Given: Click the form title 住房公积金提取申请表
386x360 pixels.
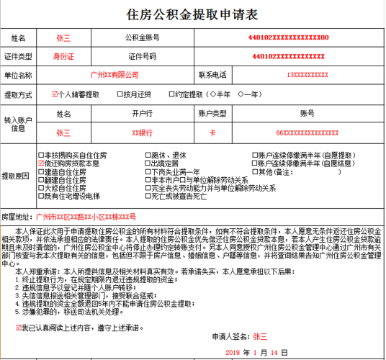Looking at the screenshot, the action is tap(193, 13).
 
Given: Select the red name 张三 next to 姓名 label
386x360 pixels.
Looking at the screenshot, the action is tap(63, 37).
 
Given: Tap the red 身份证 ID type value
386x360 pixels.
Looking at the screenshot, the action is tap(63, 55).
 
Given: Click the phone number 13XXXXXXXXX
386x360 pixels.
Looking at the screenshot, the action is tap(308, 74).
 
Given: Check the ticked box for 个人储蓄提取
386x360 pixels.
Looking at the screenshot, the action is tap(55, 94).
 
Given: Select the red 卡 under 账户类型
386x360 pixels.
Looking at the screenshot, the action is tap(212, 132).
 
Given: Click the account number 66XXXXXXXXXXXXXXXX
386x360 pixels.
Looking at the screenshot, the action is tap(308, 132).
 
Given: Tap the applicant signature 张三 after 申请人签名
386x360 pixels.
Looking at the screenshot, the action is tap(260, 336).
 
